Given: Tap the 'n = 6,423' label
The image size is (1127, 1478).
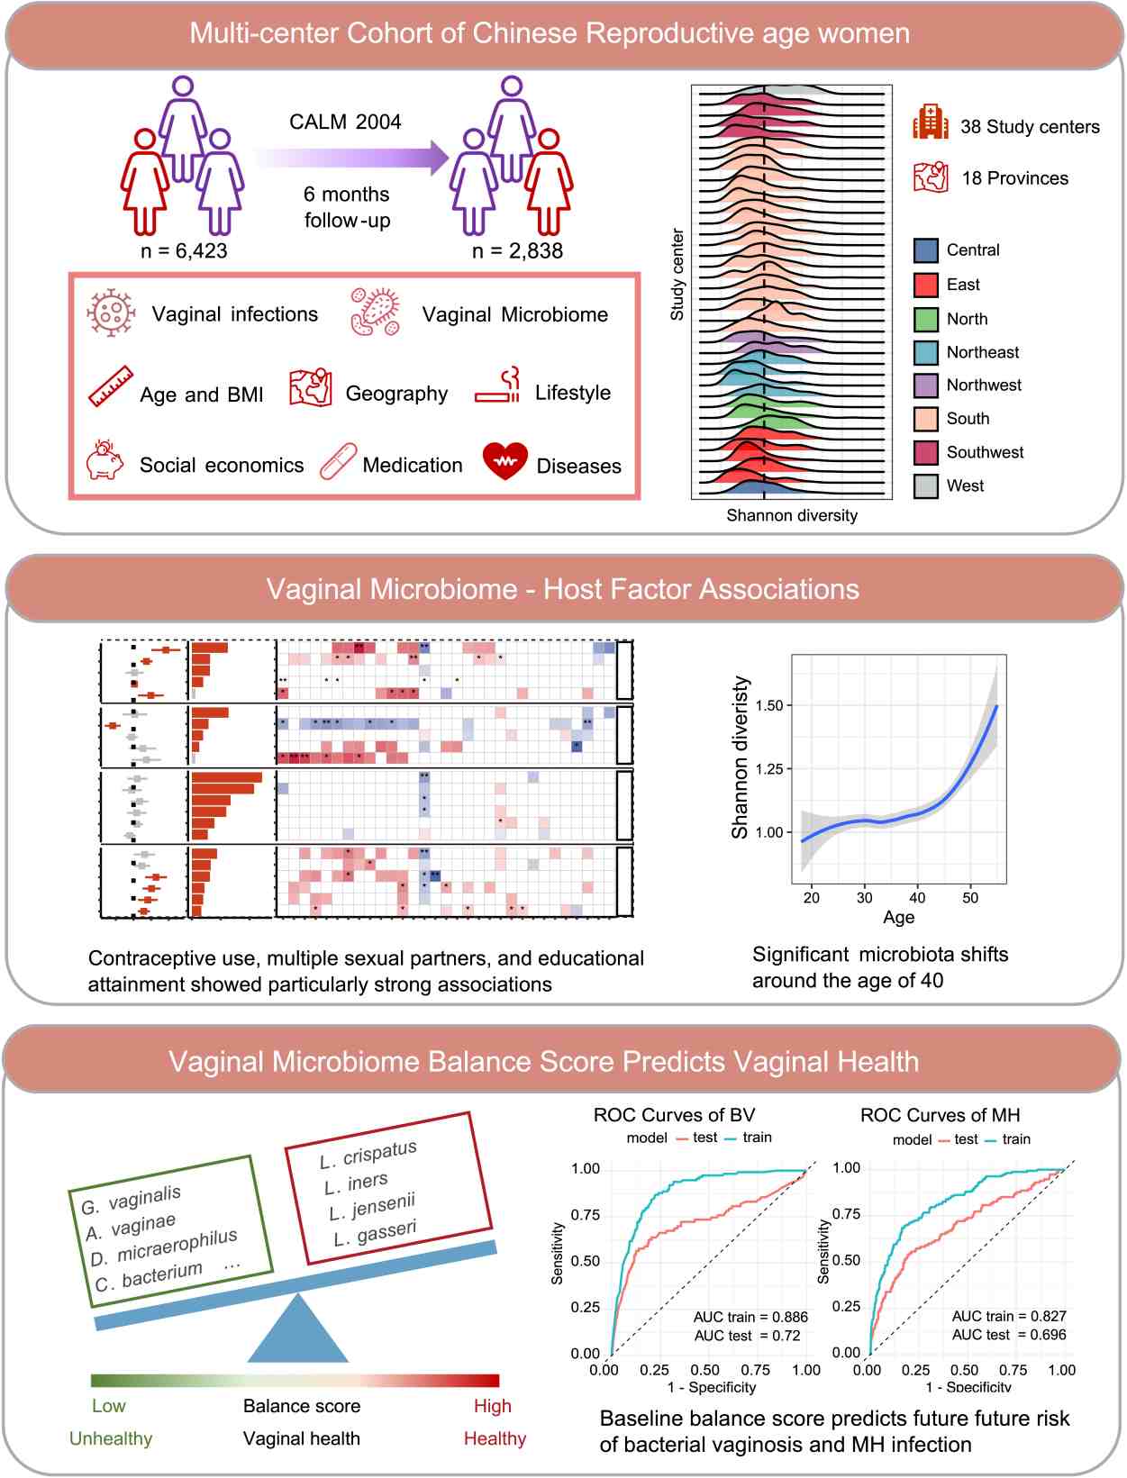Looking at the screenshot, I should pyautogui.click(x=184, y=251).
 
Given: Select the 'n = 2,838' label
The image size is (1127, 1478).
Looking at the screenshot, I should pyautogui.click(x=517, y=251).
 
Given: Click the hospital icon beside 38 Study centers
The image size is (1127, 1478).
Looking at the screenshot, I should pyautogui.click(x=930, y=122).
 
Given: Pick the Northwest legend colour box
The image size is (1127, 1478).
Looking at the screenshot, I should pyautogui.click(x=926, y=385).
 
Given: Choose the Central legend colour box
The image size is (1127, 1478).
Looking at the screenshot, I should pyautogui.click(x=926, y=250).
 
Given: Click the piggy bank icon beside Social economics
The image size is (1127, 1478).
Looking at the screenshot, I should pyautogui.click(x=105, y=460).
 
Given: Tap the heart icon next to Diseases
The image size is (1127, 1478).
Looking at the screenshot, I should pyautogui.click(x=504, y=460).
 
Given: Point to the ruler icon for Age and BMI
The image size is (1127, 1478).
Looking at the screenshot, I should pyautogui.click(x=111, y=386).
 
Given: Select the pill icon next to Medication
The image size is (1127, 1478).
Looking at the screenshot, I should pyautogui.click(x=338, y=462).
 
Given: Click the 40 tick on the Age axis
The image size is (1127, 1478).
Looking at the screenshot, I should pyautogui.click(x=917, y=897).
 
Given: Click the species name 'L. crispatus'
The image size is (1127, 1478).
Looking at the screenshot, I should pyautogui.click(x=368, y=1155).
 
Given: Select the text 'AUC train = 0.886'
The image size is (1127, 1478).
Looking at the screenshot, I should pyautogui.click(x=750, y=1317).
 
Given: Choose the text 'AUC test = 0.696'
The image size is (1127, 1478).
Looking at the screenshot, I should pyautogui.click(x=1009, y=1335).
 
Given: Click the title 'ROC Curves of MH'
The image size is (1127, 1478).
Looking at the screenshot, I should pyautogui.click(x=940, y=1115).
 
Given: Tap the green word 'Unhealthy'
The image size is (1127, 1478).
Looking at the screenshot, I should pyautogui.click(x=111, y=1438).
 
